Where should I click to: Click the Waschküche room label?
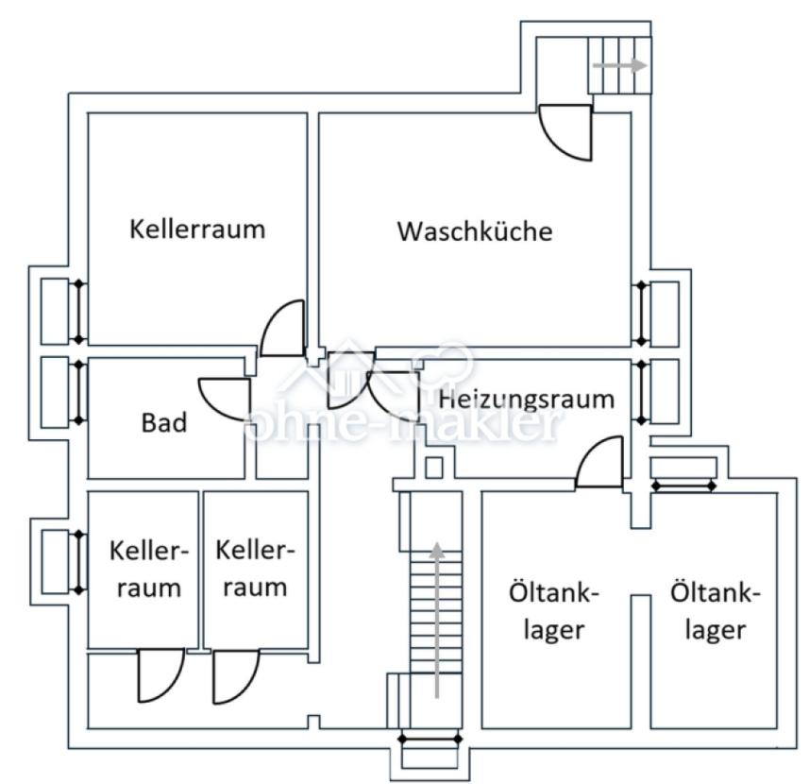pyautogui.click(x=474, y=231)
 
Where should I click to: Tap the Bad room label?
pyautogui.click(x=164, y=422)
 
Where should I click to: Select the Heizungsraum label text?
pyautogui.click(x=526, y=399)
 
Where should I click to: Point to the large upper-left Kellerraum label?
pyautogui.click(x=197, y=229)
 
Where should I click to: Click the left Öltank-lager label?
pyautogui.click(x=555, y=611)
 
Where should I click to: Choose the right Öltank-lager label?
pyautogui.click(x=715, y=611)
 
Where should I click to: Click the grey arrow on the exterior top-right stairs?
pyautogui.click(x=619, y=66)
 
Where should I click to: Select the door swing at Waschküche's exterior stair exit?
pyautogui.click(x=567, y=131)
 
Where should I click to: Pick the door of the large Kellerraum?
pyautogui.click(x=282, y=328)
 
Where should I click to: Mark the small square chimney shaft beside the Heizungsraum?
pyautogui.click(x=433, y=466)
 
